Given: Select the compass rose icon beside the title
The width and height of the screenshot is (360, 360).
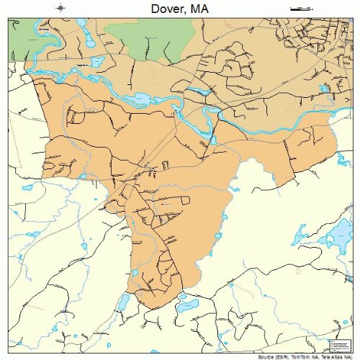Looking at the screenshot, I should [61, 9].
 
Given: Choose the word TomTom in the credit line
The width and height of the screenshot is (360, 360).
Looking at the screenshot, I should [297, 356].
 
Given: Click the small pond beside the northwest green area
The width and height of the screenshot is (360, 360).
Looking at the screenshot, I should [96, 62].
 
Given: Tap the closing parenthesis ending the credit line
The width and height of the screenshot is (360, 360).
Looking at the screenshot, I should [352, 356].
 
